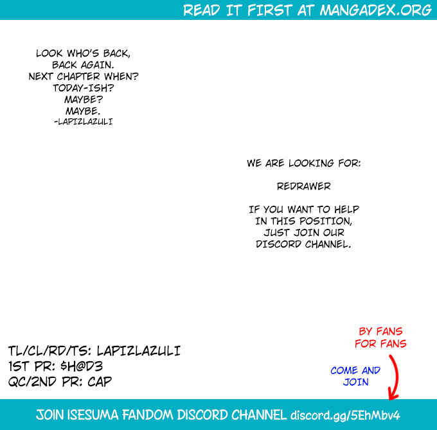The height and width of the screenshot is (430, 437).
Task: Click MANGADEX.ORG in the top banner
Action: coord(376,10)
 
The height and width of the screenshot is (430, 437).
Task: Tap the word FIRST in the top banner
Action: coord(269,10)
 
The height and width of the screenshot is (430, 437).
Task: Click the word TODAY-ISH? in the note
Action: coord(84,88)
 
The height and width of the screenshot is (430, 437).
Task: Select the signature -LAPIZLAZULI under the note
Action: coord(84,121)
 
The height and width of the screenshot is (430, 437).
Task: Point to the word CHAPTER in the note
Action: coord(78,76)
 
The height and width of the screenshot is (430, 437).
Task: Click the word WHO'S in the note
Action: coord(83,53)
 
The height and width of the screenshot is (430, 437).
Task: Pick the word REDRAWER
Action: coord(304,186)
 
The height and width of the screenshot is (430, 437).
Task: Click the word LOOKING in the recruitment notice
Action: coord(311,163)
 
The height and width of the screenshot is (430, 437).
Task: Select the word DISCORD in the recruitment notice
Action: coord(279,244)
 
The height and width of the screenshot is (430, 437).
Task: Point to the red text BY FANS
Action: coord(380,332)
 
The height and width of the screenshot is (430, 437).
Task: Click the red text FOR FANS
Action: coord(380,344)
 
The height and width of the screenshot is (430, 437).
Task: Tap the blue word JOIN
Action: coord(355,382)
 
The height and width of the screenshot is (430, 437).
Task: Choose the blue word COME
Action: coord(344,370)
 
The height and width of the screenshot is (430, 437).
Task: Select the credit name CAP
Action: coord(100,382)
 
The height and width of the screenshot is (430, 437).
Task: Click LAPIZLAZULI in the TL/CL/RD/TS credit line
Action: coord(139,351)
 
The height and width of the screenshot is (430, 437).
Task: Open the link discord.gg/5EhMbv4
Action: coord(345,415)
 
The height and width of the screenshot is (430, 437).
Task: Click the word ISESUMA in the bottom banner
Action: coord(93,415)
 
